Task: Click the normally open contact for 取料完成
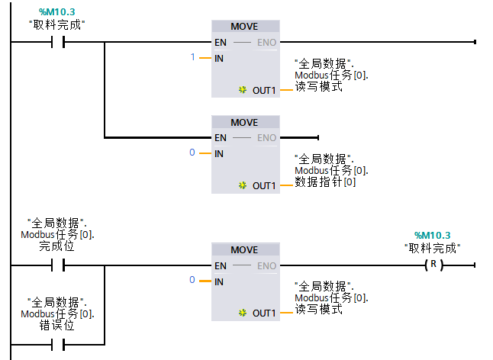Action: coord(56,43)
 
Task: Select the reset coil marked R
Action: coord(433,265)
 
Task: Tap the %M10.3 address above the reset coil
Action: coord(432,235)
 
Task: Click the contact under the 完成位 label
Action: coord(56,265)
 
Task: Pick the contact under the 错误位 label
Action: coord(56,345)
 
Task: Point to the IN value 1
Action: coord(193,58)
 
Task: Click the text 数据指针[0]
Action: coord(325,182)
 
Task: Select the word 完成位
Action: coord(56,246)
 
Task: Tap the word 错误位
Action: coord(56,325)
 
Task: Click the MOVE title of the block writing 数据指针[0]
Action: coord(244,123)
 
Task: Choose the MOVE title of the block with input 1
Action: coord(244,27)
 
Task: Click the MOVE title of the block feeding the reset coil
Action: coord(244,250)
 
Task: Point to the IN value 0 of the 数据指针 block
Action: coord(193,153)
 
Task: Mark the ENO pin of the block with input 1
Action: coord(266,43)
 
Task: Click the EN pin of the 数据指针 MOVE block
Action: coord(221,138)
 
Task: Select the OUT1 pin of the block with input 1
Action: coord(263,90)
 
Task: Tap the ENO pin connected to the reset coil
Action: coord(266,266)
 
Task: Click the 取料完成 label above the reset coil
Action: coord(432,247)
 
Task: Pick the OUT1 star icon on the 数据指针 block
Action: coord(243,185)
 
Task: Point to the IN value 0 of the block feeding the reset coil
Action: coord(193,281)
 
